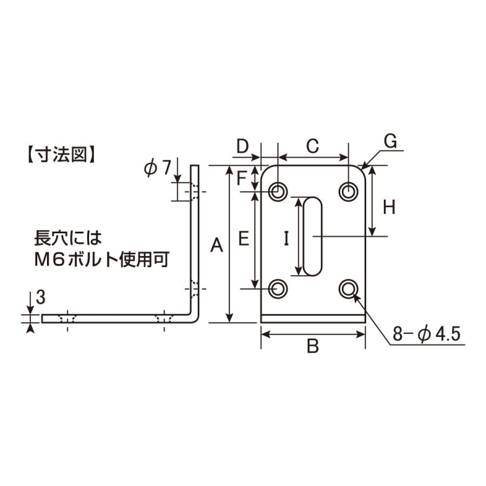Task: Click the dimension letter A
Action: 217,245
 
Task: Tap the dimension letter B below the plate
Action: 313,346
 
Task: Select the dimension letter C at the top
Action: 313,146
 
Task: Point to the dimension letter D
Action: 242,146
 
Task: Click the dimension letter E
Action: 244,239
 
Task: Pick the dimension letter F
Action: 241,178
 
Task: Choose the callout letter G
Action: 390,141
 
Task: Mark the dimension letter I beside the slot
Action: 286,239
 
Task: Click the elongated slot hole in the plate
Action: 313,236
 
